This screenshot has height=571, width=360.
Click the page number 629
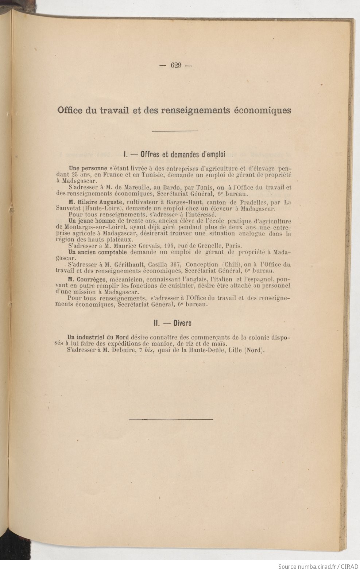(176, 66)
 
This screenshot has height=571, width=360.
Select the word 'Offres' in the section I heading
(150, 154)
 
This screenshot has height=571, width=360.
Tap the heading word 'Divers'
(182, 323)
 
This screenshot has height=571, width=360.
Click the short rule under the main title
(175, 131)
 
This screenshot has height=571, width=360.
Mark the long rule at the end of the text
(171, 419)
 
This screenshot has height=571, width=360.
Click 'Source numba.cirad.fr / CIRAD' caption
(317, 566)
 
